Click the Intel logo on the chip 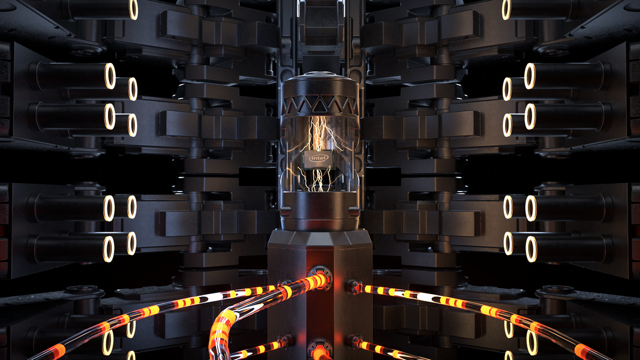tap(319, 158)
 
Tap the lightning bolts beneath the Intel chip tap(317, 179)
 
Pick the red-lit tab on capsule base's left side tap(285, 212)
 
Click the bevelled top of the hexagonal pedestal tap(320, 239)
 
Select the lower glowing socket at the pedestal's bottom tap(320, 349)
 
